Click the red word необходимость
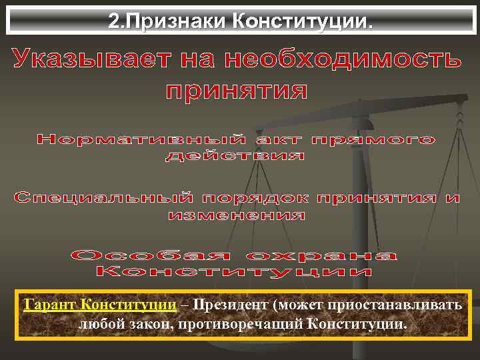coord(343,61)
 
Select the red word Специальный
coord(103,199)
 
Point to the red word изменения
coord(237,216)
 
